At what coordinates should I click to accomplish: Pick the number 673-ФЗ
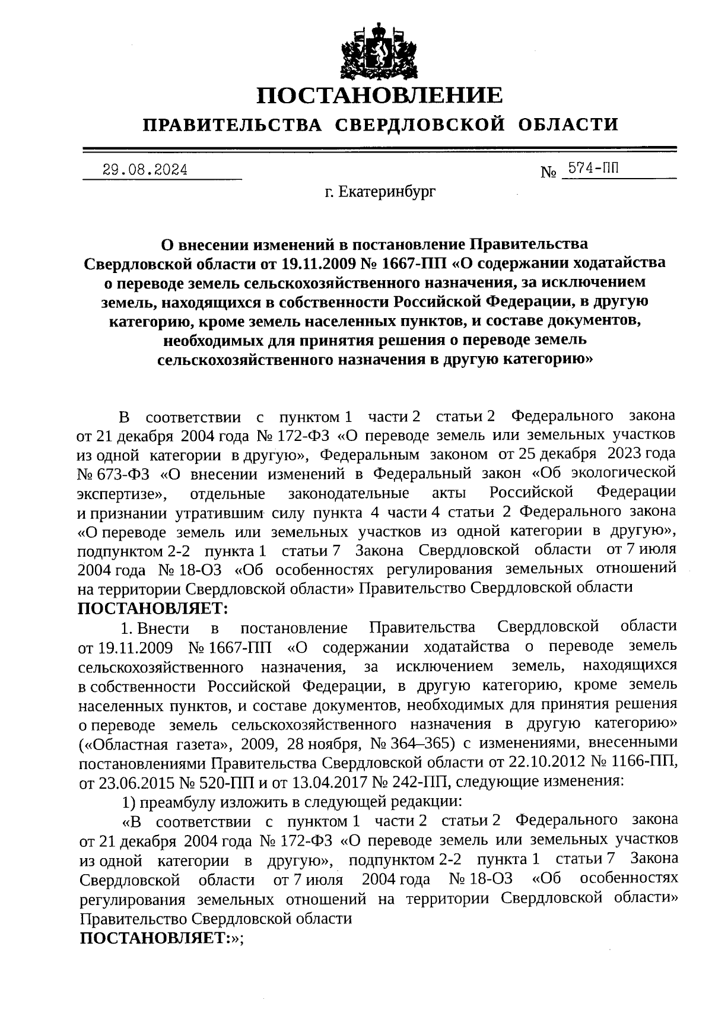pyautogui.click(x=115, y=474)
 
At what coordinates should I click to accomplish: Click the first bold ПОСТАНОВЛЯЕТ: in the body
pyautogui.click(x=152, y=608)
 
